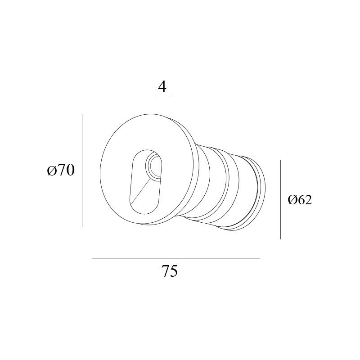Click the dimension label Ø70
61,171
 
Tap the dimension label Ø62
300,200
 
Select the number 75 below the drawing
170,271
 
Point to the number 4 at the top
162,87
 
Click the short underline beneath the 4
162,97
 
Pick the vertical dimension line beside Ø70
82,171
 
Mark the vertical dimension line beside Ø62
280,199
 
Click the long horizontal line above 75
175,259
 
